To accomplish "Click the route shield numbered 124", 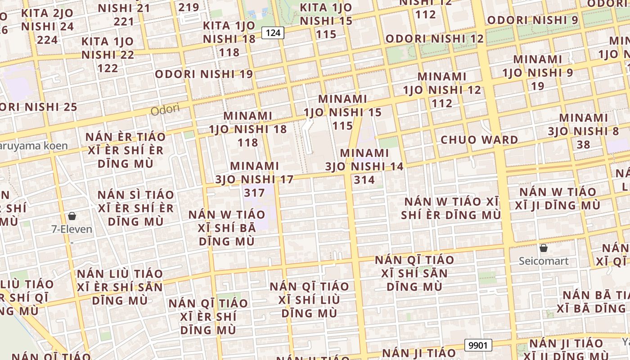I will coord(273,32).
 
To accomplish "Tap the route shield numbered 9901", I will coord(478,346).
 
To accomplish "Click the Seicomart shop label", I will coord(544,261).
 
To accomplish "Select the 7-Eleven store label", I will coord(72,229).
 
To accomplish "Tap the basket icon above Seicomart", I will coord(544,248).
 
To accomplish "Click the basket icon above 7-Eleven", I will coord(72,216).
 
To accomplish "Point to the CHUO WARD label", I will coord(479,139).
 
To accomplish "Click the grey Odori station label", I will coord(165,109).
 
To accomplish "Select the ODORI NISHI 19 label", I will coord(204,74).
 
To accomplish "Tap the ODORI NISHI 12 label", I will coord(435,39).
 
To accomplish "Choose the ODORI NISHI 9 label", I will coord(532,20).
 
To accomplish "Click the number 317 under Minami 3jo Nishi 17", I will coord(254,193).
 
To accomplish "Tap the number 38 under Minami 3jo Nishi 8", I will coord(583,144).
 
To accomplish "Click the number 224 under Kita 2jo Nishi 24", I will coord(47,40).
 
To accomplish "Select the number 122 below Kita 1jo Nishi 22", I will coord(108,68).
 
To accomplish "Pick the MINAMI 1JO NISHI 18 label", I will coord(248,129).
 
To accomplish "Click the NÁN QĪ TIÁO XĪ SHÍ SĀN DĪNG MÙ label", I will coord(414,273).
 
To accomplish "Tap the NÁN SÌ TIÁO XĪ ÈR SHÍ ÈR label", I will coord(136,208).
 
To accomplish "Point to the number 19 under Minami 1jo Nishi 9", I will coord(538,86).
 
